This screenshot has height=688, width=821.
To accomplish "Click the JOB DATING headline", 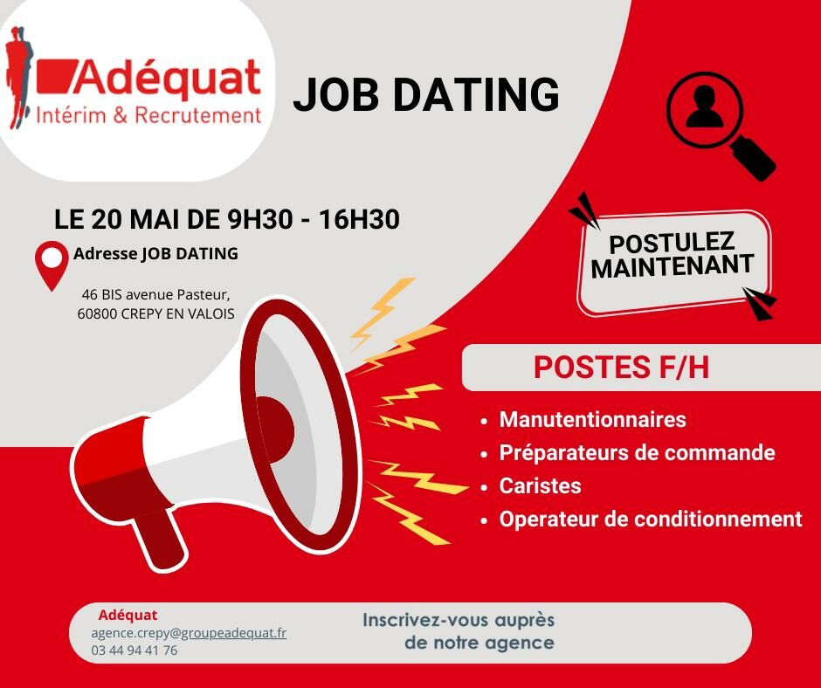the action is [x=426, y=94].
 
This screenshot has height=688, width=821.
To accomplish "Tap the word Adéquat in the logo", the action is [x=167, y=78].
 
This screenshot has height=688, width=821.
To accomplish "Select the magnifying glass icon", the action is [x=721, y=127].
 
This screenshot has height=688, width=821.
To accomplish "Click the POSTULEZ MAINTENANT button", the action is [x=673, y=262].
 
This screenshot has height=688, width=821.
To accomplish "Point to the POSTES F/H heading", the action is [x=621, y=367].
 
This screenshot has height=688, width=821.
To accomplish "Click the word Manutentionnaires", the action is [x=592, y=419].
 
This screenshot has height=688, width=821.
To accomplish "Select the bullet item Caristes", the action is [x=540, y=486].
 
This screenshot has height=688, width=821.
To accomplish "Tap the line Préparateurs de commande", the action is [x=637, y=453].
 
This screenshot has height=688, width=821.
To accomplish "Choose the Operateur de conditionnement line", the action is [x=651, y=519].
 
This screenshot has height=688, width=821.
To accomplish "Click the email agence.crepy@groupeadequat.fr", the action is [x=189, y=633].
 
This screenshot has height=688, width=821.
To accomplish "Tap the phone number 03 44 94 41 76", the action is [x=134, y=650].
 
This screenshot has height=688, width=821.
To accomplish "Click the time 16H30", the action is [x=359, y=219].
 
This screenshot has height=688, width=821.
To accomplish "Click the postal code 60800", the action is [x=98, y=313].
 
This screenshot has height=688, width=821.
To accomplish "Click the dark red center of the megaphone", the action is [x=274, y=430].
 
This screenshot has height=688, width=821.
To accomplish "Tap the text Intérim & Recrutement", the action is [x=148, y=115].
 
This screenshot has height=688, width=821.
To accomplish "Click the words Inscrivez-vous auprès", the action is [x=459, y=620].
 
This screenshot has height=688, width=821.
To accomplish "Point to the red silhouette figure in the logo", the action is [x=17, y=76].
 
